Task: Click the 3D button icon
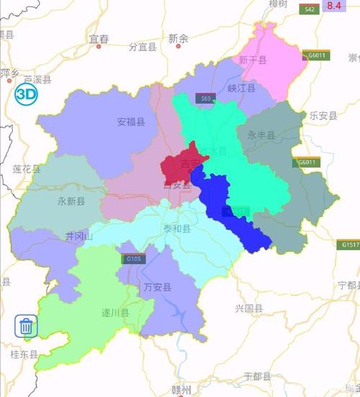click(x=27, y=94)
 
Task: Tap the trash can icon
click(x=27, y=327)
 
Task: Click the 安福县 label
click(x=131, y=122)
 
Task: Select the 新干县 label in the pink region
click(x=253, y=61)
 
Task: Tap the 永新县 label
click(x=71, y=202)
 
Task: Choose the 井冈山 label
click(x=79, y=237)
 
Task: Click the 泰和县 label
click(x=177, y=229)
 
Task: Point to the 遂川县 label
click(x=114, y=313)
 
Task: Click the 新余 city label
click(x=178, y=38)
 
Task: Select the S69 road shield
click(x=207, y=99)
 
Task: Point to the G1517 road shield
click(x=350, y=245)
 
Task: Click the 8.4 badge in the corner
click(x=335, y=6)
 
